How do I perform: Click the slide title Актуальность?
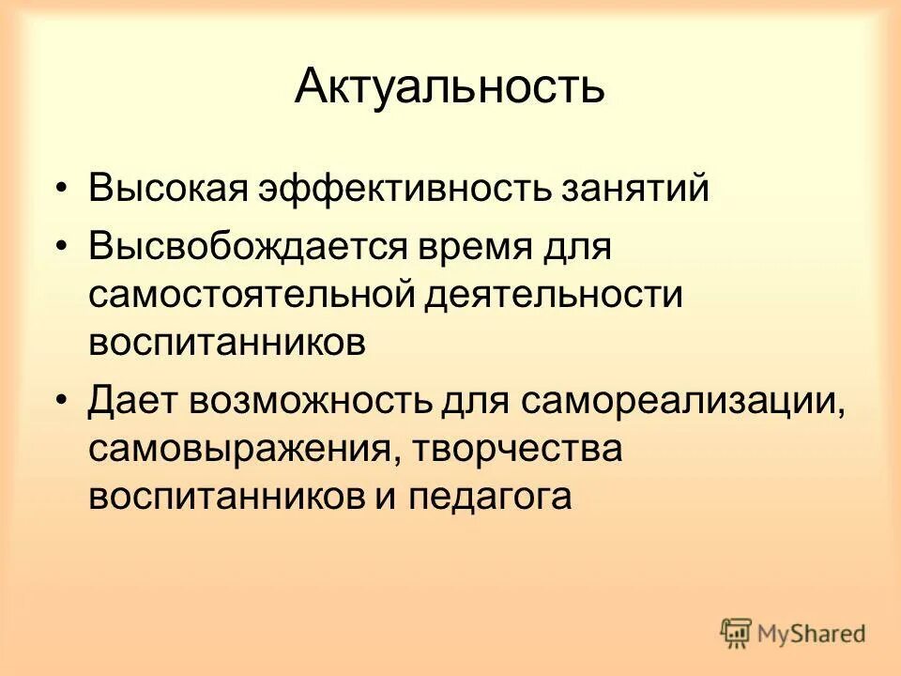pos(450,87)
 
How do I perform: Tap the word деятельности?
pos(552,295)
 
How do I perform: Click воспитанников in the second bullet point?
pos(226,341)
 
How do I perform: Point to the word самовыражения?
pos(235,449)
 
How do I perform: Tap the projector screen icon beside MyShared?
pos(737,633)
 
